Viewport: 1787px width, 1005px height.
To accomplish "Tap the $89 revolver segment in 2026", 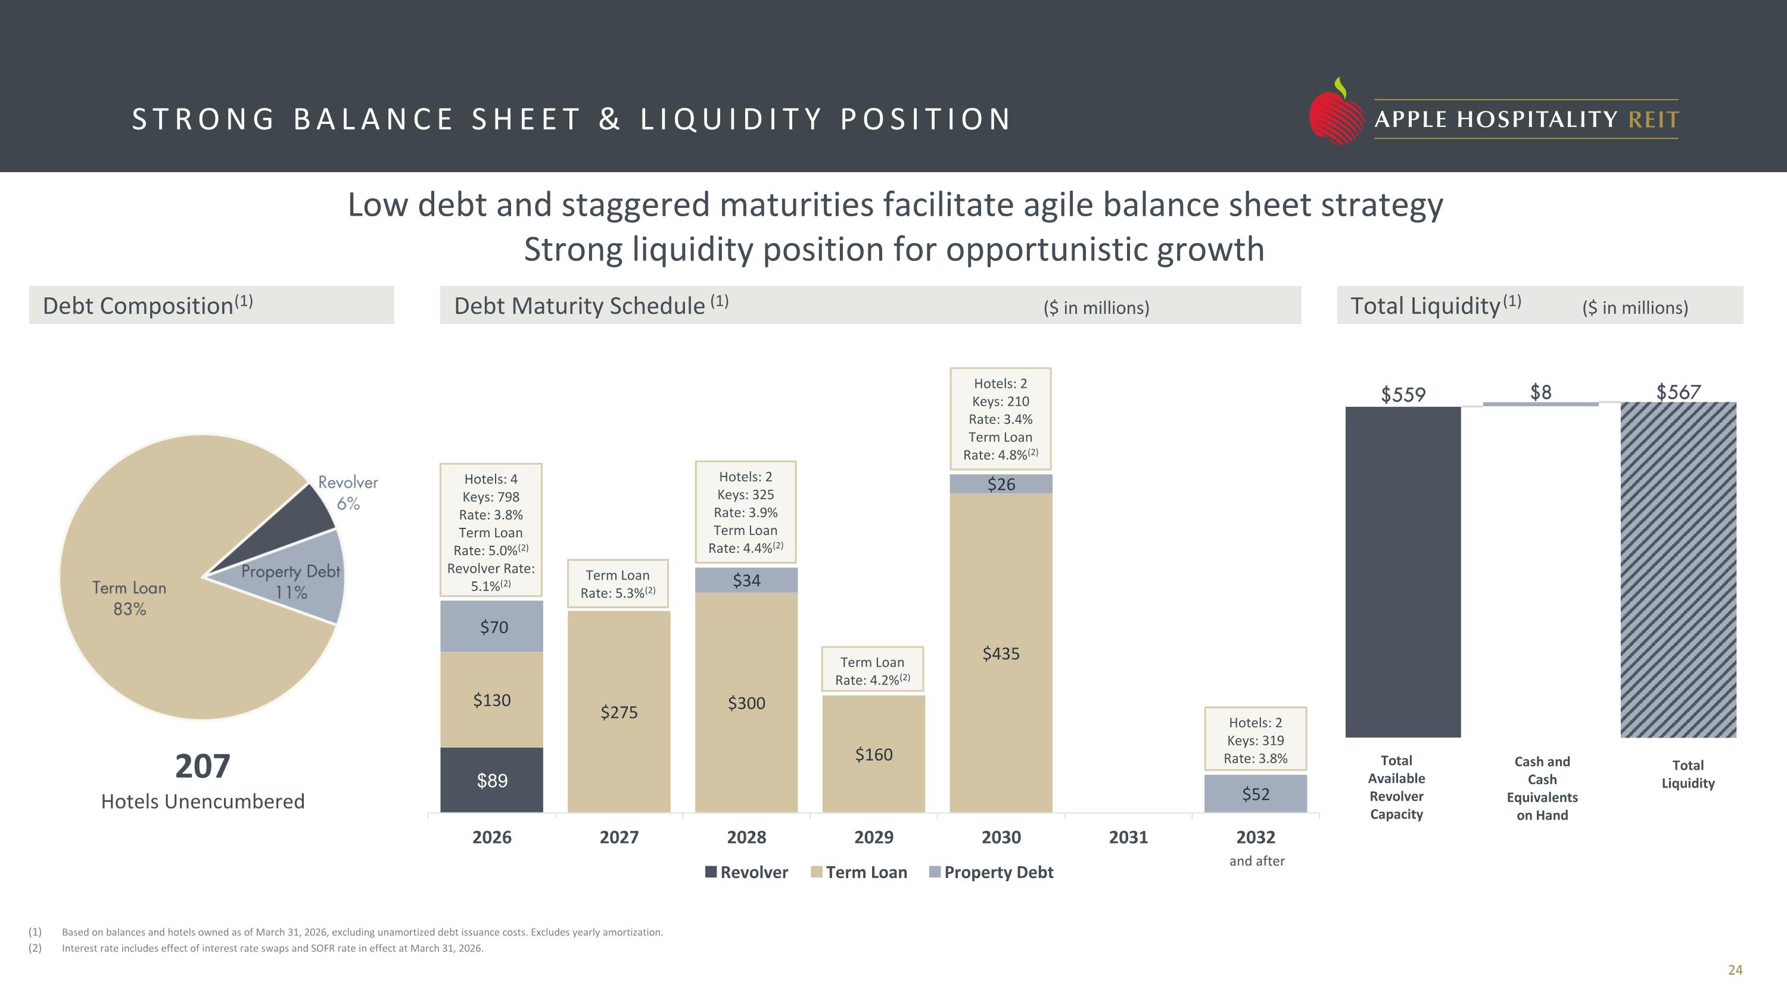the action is tap(492, 780).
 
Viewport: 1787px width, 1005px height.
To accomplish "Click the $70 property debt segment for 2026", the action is tap(492, 626).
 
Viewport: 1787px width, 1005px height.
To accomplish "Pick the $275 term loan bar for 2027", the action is tap(619, 712).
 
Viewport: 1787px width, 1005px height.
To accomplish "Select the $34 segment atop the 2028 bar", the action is tap(746, 580).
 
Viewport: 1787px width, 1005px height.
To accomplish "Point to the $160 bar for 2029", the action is tap(873, 754).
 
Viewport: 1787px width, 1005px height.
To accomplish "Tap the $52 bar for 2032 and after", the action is tap(1256, 794).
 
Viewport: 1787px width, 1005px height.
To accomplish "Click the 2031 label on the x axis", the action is tap(1128, 837).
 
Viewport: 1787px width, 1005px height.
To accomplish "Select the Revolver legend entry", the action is tap(746, 872).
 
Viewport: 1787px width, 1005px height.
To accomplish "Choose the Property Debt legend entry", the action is tap(991, 872).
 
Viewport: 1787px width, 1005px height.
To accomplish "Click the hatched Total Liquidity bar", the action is tap(1678, 570).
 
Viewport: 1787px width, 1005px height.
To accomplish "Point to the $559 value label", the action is tap(1403, 394).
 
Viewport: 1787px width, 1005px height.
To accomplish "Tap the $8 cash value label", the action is tap(1541, 392).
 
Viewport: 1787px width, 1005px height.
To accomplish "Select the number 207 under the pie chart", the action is tap(203, 766).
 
